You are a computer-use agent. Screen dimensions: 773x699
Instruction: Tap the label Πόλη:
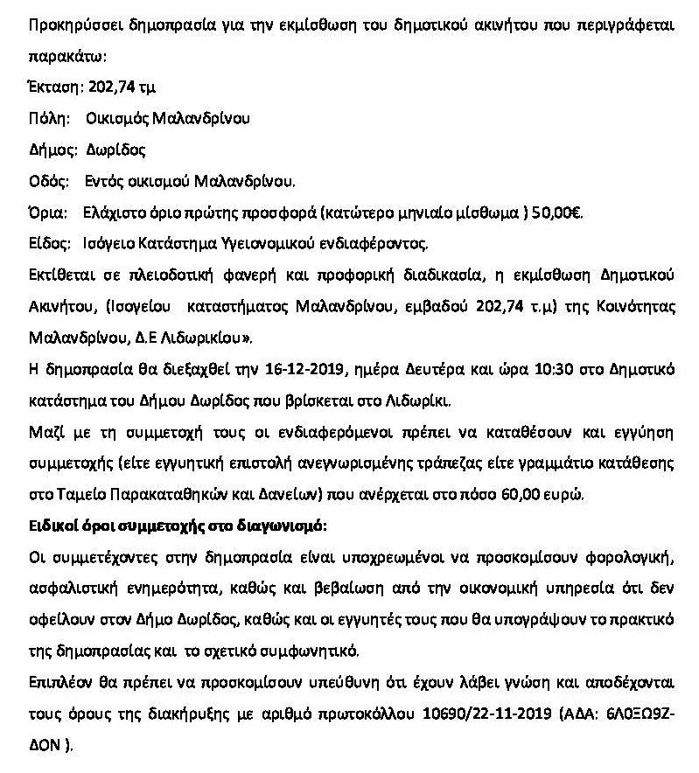(48, 118)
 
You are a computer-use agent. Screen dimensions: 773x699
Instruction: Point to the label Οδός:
(49, 182)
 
